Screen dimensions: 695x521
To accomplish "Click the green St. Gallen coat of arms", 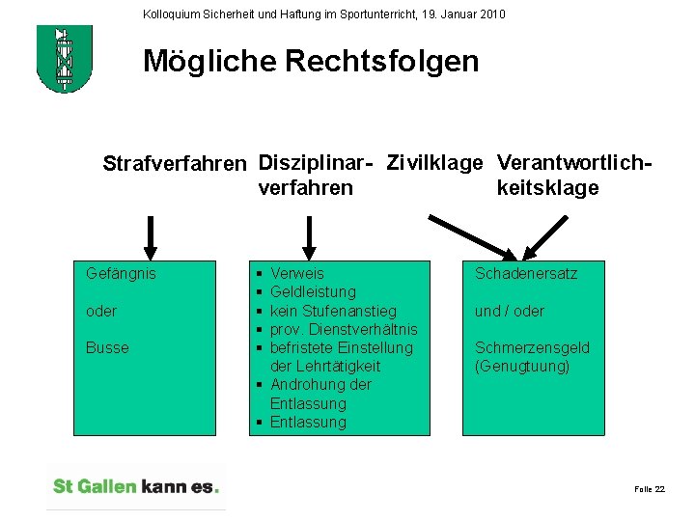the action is click(x=64, y=59).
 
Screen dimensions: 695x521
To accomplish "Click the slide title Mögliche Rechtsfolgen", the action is click(x=311, y=62).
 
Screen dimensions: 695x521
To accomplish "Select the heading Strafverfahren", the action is click(x=174, y=164).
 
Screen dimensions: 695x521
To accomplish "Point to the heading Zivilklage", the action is click(x=434, y=163).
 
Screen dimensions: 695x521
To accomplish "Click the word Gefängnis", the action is click(x=121, y=274).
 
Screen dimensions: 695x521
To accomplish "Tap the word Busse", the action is click(x=106, y=347).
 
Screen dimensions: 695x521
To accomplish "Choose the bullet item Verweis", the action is click(x=297, y=274).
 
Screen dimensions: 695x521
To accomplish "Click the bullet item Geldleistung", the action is click(x=313, y=292).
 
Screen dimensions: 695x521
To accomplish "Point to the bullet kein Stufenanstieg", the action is click(x=333, y=311).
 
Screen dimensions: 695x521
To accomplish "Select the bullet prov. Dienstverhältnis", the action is click(x=344, y=329).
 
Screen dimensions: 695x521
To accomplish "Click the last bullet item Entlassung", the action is click(x=308, y=422).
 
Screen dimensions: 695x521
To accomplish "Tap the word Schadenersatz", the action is click(x=526, y=274).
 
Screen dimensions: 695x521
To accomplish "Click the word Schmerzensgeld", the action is click(x=532, y=347).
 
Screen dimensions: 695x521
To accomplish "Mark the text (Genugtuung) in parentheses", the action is click(x=522, y=366).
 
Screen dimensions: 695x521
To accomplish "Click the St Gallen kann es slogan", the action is click(x=136, y=487).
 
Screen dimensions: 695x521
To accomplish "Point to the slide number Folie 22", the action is click(x=649, y=490).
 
